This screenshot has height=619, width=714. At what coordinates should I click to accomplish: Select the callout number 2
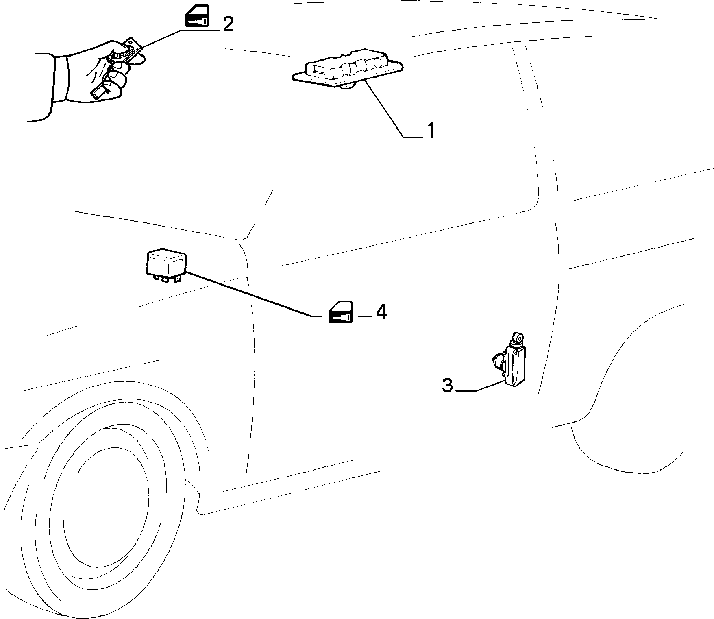pos(228,24)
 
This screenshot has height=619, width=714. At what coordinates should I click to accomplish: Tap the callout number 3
pos(447,385)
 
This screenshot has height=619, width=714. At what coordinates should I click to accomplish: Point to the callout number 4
pos(381,312)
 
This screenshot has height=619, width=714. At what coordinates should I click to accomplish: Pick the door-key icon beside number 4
pos(341,312)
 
